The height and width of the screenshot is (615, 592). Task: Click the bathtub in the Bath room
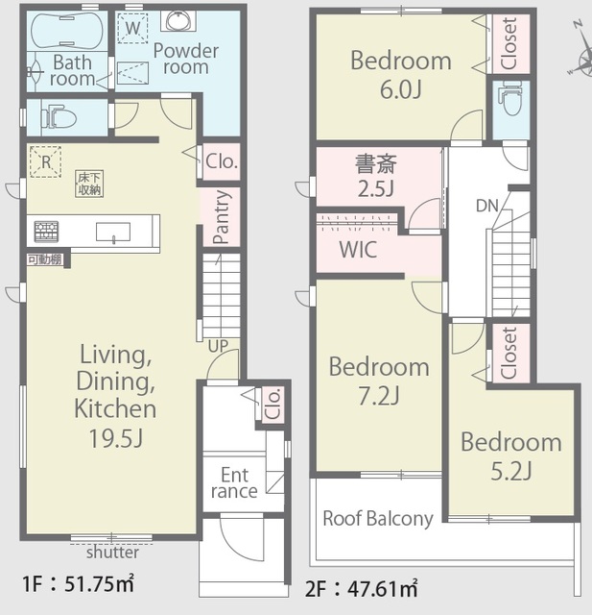click(x=67, y=30)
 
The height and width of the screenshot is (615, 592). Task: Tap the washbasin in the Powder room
click(x=178, y=21)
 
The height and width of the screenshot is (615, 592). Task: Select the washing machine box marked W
click(x=132, y=28)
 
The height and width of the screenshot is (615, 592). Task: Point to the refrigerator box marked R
click(x=46, y=161)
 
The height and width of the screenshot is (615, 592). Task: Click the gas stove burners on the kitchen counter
click(x=46, y=231)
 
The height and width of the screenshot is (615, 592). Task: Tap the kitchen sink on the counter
click(x=113, y=232)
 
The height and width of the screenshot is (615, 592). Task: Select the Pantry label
click(x=221, y=217)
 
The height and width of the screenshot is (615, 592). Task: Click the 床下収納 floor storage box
click(x=89, y=184)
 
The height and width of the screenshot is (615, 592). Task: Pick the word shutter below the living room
click(x=112, y=553)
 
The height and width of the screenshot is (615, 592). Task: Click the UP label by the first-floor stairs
click(x=218, y=346)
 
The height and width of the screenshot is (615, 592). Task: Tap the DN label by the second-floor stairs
click(x=487, y=206)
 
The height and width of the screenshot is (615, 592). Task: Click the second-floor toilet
click(x=510, y=98)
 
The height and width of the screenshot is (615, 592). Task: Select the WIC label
click(x=358, y=250)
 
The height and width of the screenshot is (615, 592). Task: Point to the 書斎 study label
click(x=376, y=164)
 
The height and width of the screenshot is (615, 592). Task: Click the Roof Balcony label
click(x=378, y=519)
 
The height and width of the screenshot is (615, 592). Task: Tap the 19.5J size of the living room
click(x=116, y=438)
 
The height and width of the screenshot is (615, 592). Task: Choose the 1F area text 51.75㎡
click(x=99, y=584)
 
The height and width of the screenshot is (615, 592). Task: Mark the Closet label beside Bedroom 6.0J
click(x=509, y=44)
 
